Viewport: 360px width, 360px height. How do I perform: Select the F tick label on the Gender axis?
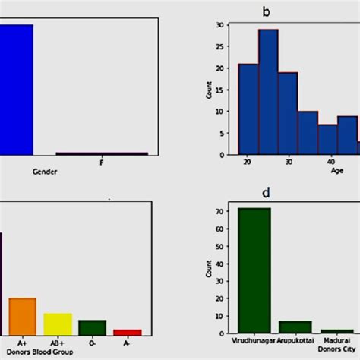coord(102,163)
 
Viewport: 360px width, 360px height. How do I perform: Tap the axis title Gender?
coord(45,172)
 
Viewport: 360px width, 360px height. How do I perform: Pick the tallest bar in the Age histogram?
coord(268,91)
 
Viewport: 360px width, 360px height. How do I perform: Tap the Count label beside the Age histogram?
coord(209,90)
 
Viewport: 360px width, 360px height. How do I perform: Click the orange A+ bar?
coord(22,316)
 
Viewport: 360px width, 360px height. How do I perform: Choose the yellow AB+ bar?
coord(58,324)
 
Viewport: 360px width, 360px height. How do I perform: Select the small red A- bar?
coord(127,332)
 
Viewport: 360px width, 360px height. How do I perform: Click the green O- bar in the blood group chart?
coord(92,327)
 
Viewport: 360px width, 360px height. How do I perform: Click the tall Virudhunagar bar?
coord(254,270)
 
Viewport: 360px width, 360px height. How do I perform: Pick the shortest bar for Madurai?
coord(336,331)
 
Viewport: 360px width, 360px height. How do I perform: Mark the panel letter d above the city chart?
coord(267,193)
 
